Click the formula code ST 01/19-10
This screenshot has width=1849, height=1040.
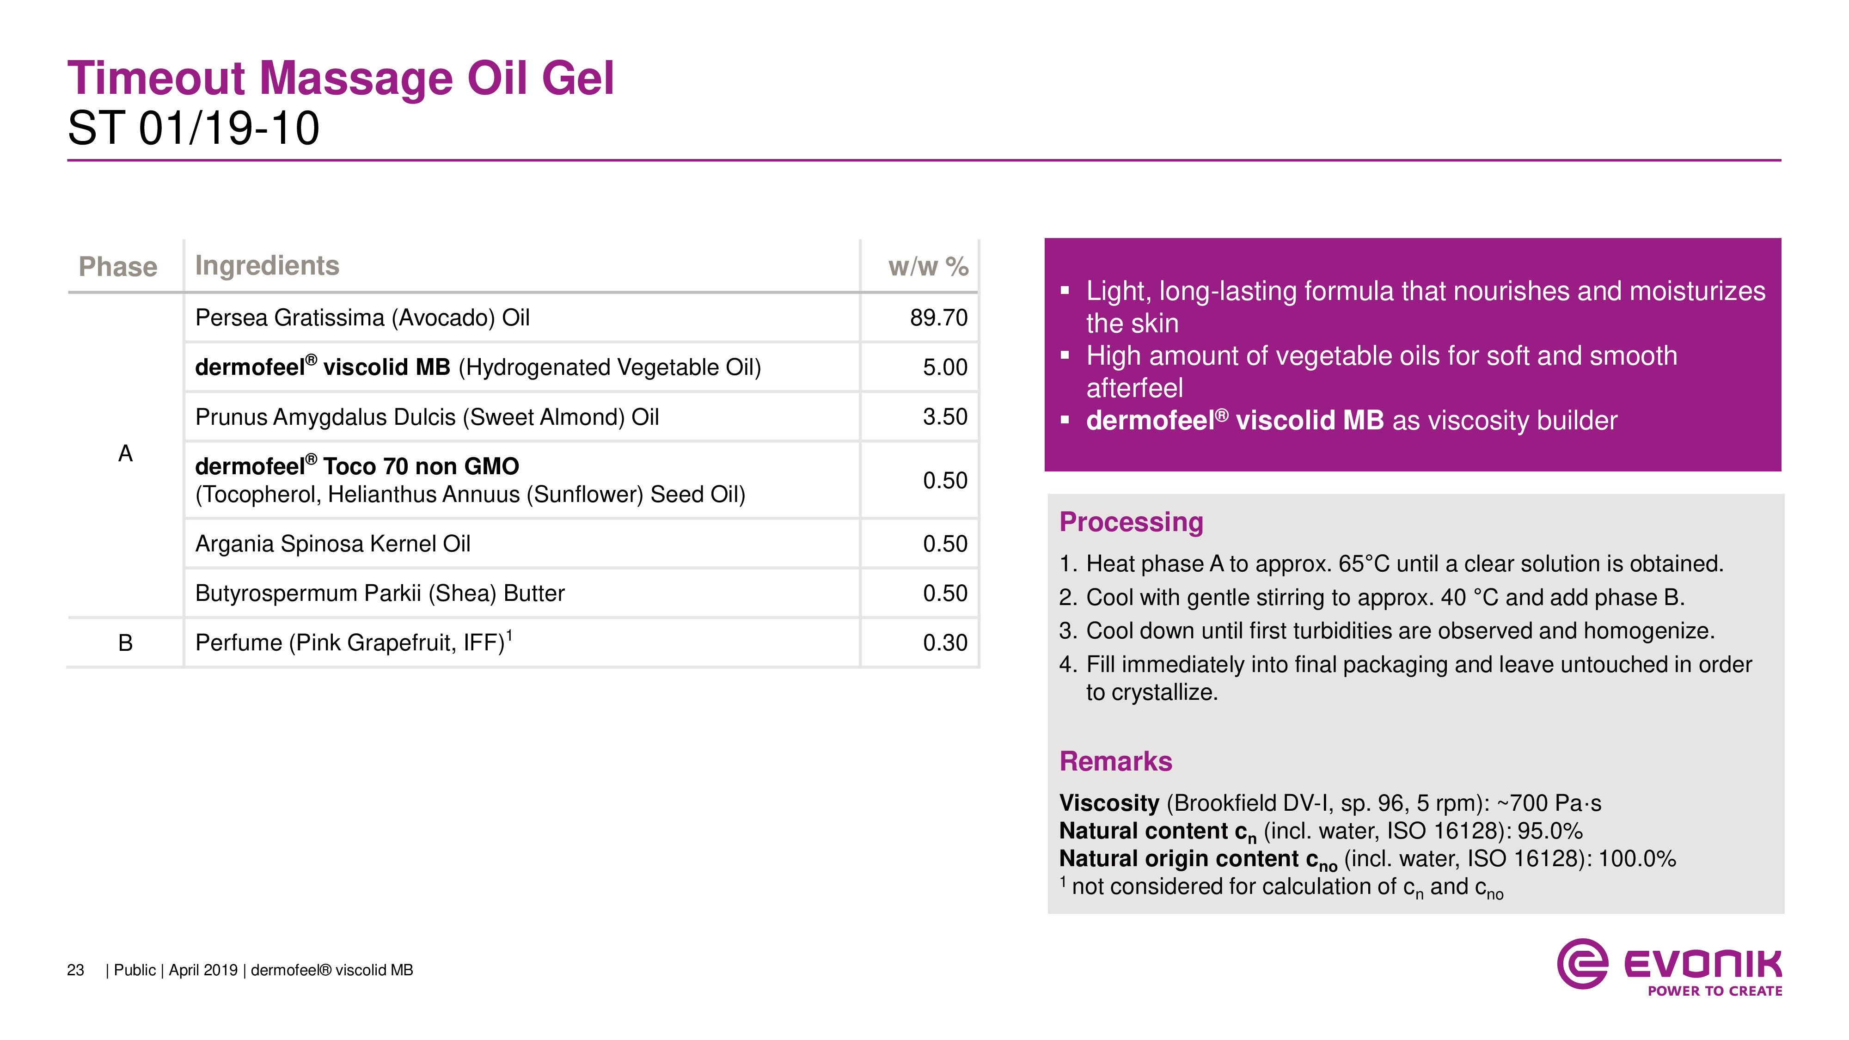194,128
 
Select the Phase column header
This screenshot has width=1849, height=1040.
118,266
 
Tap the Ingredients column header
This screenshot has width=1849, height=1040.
267,266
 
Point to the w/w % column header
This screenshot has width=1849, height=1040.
928,266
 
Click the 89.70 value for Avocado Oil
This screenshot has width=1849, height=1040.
939,317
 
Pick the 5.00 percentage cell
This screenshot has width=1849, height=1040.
945,367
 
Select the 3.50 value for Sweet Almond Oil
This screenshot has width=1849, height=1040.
945,416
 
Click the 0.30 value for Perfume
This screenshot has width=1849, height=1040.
945,642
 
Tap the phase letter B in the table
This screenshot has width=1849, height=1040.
126,642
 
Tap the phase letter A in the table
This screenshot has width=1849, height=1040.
126,453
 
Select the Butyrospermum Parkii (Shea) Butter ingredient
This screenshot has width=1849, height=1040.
380,593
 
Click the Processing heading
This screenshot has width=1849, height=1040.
1131,522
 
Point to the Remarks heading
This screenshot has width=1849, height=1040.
1115,761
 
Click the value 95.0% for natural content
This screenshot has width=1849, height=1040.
1549,831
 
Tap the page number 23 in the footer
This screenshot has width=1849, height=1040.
75,970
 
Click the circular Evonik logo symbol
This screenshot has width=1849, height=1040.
1582,963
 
